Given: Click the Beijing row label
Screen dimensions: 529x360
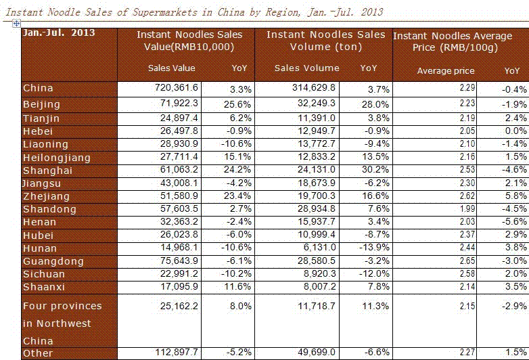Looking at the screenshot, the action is pos(41,105).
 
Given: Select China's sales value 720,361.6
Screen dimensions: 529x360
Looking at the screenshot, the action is pos(177,88).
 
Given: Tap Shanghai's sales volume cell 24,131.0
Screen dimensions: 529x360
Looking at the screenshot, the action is pos(317,169).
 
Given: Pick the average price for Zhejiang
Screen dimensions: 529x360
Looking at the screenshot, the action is pos(467,196).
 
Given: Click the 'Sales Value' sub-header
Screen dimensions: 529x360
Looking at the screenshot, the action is pos(171,68).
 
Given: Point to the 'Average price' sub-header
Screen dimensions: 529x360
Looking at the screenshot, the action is pos(446,71).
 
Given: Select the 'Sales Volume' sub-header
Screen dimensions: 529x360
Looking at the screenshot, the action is pos(306,68).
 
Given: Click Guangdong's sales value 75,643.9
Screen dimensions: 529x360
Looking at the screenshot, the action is pos(179,261).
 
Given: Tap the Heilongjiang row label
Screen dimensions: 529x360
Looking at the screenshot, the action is pos(57,158).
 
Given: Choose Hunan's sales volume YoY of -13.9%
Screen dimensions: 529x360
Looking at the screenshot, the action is pos(374,248).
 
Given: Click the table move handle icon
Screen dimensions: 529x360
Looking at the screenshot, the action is pos(16,23).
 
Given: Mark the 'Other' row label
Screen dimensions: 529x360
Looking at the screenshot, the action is pos(38,353).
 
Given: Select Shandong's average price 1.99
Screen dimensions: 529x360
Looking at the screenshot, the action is pos(467,209).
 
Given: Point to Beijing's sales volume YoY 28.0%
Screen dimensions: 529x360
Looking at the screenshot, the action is pos(375,105).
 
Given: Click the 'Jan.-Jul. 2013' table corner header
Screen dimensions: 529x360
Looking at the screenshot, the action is pos(58,32).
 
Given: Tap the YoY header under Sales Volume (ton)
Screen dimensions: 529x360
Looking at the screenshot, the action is pos(369,68).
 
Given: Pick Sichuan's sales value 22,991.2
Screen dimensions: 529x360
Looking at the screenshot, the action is pos(179,273).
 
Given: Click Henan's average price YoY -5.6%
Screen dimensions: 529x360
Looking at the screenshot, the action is pos(514,222).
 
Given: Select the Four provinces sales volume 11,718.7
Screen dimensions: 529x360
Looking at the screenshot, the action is pos(317,306).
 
